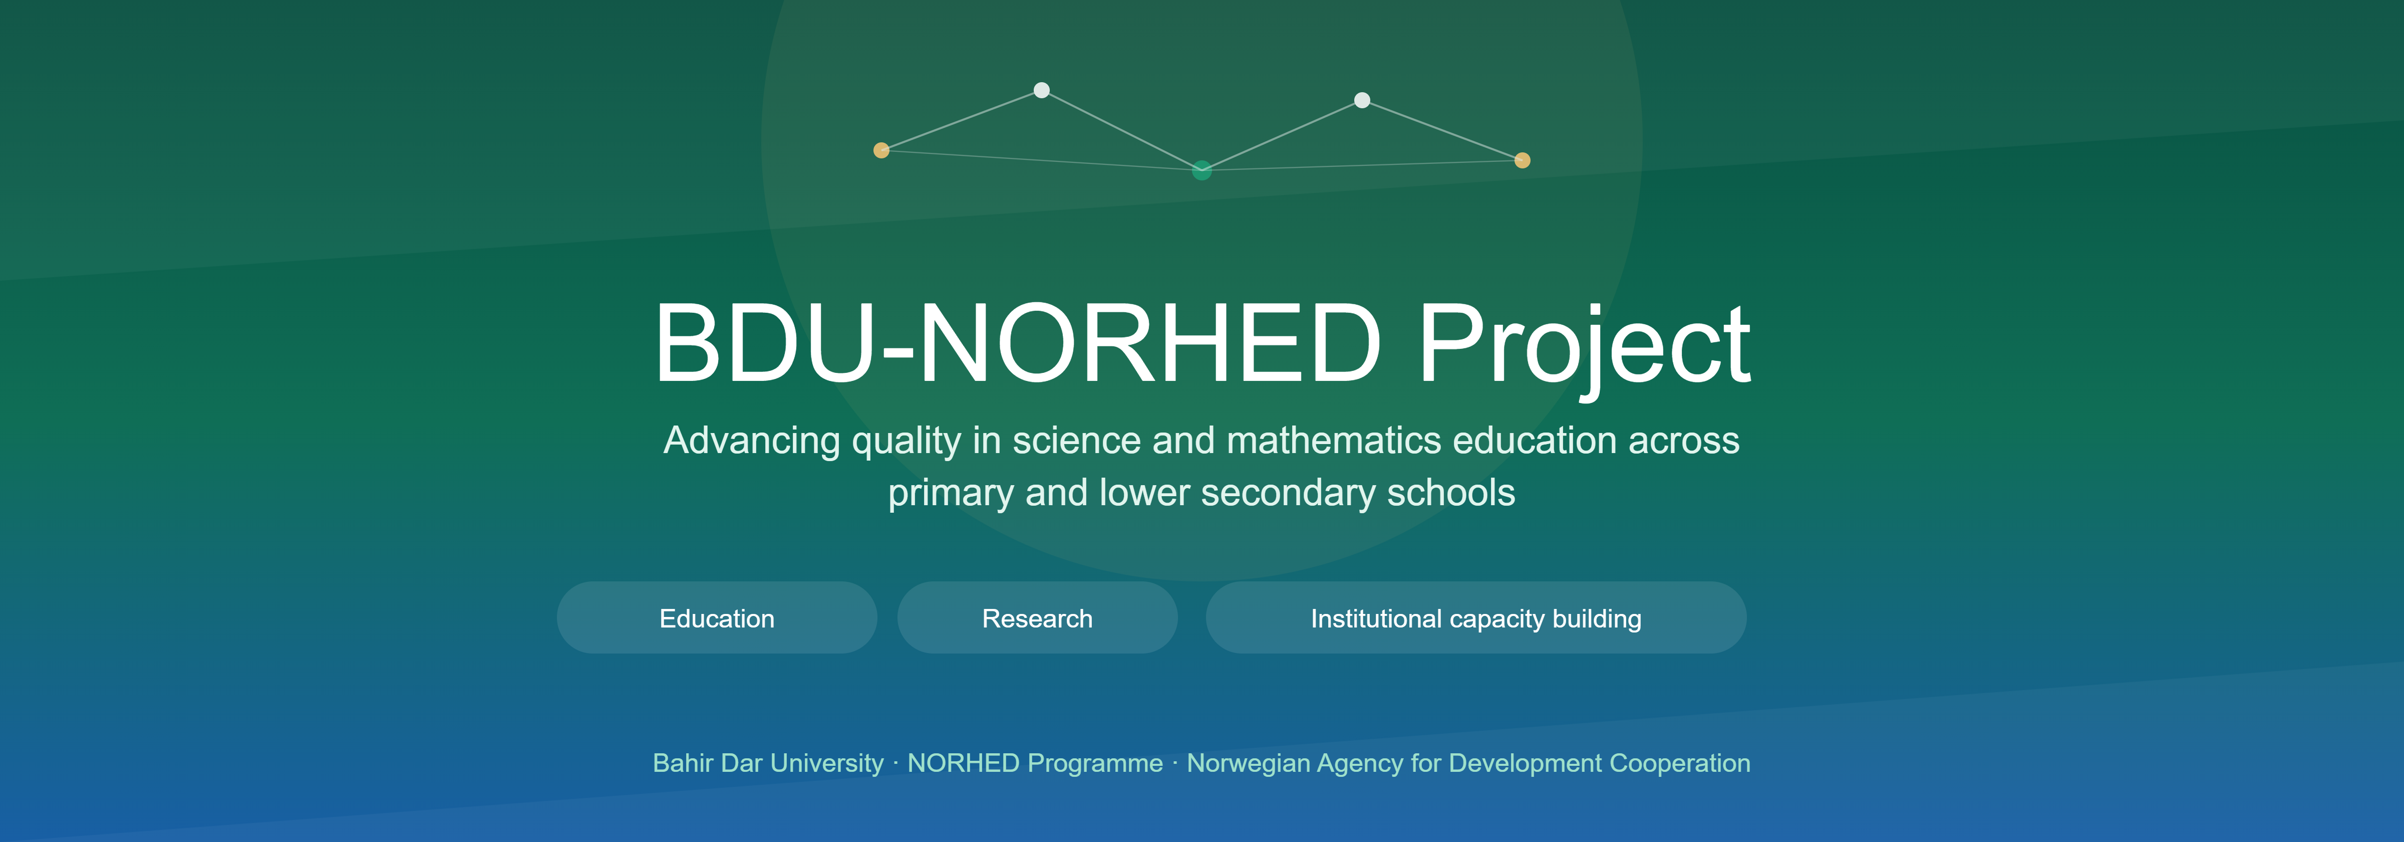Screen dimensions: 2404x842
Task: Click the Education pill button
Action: click(x=717, y=618)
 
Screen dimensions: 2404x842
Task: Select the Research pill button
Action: click(x=1037, y=618)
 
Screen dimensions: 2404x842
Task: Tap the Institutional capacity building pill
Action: click(x=1475, y=618)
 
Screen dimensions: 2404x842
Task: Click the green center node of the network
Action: click(x=1202, y=170)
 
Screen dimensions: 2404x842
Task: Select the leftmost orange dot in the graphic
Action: click(x=881, y=150)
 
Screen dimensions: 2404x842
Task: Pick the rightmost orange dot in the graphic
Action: click(x=1522, y=160)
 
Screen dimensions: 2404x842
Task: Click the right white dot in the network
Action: click(x=1362, y=100)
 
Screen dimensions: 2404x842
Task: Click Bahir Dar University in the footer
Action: click(x=768, y=764)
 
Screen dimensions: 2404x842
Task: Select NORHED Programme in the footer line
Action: click(x=1035, y=764)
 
